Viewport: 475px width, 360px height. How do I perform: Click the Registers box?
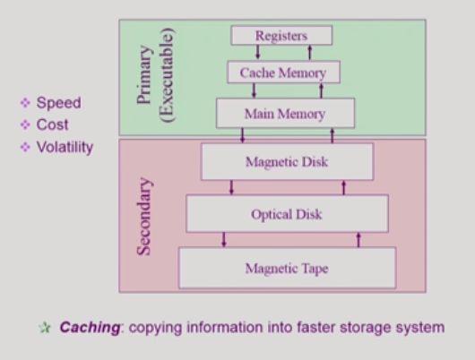tap(281, 36)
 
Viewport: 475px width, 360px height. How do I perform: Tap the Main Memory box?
tap(284, 115)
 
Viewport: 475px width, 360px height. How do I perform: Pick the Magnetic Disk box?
tap(287, 162)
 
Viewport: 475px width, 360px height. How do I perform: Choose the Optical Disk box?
tap(287, 214)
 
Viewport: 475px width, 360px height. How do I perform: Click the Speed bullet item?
tap(58, 103)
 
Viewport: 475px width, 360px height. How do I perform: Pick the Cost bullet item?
tap(53, 124)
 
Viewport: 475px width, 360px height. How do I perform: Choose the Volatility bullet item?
tap(64, 147)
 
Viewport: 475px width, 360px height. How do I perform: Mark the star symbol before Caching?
tap(45, 328)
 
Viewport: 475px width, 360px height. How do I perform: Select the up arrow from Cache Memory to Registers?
tap(307, 52)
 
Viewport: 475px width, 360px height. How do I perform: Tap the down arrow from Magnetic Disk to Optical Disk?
tap(232, 187)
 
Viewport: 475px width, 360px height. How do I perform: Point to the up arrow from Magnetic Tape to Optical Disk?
tap(358, 240)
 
